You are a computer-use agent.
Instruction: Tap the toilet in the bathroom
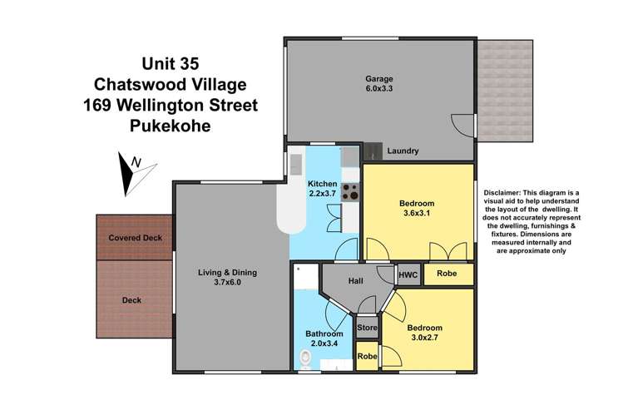(305, 358)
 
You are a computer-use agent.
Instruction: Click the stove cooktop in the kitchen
(350, 191)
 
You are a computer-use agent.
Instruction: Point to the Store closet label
(368, 329)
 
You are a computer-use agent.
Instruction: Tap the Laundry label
(403, 151)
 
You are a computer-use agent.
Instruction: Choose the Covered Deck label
(136, 238)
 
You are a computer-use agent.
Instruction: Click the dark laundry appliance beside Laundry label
(373, 151)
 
